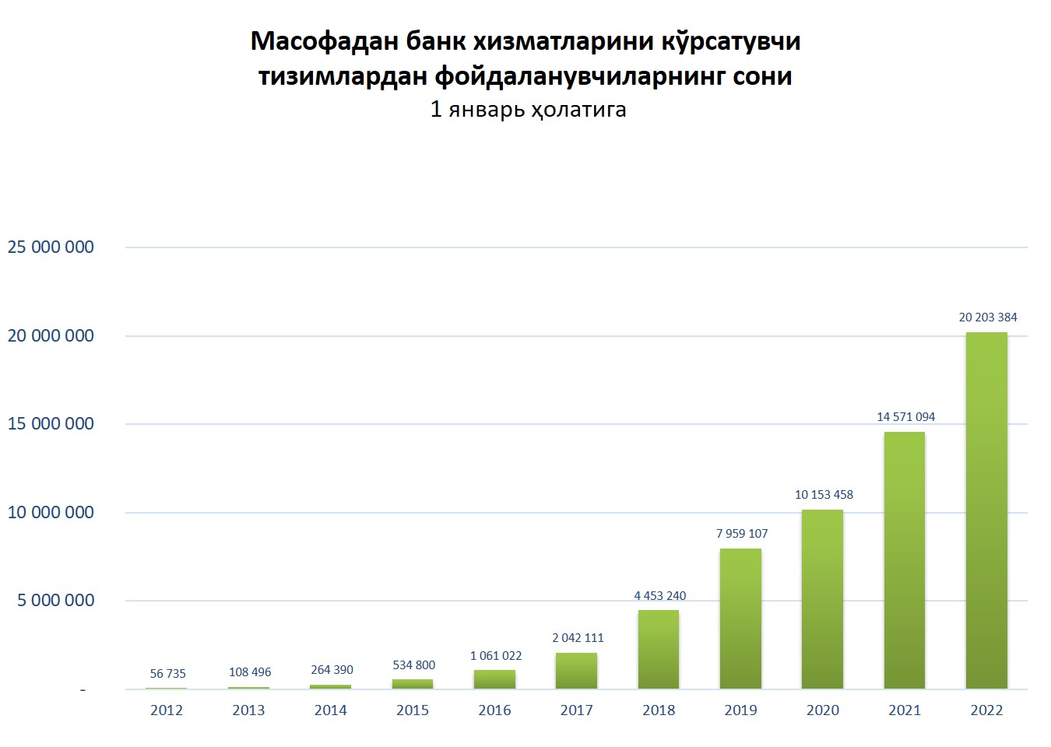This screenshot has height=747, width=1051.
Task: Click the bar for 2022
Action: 986,510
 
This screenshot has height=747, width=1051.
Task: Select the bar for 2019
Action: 740,619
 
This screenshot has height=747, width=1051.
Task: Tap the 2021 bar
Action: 905,560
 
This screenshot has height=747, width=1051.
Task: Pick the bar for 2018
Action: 659,649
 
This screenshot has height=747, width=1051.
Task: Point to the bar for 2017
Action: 576,671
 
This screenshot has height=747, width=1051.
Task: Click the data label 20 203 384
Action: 988,317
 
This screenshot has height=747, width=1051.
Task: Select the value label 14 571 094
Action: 905,417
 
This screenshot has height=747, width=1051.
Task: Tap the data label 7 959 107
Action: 742,534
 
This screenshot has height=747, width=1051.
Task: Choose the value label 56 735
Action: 168,674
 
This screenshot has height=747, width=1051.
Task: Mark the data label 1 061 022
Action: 496,656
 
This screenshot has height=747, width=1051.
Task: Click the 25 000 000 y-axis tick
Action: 51,247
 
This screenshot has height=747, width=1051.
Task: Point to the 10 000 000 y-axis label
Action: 51,513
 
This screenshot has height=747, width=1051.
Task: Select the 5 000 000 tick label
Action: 56,601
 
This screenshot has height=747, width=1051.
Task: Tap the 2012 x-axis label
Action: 167,710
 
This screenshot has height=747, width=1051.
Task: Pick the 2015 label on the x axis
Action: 413,710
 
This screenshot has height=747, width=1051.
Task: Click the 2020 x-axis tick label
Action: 823,710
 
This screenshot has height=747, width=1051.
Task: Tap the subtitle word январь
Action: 487,110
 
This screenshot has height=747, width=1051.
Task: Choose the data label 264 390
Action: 332,670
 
